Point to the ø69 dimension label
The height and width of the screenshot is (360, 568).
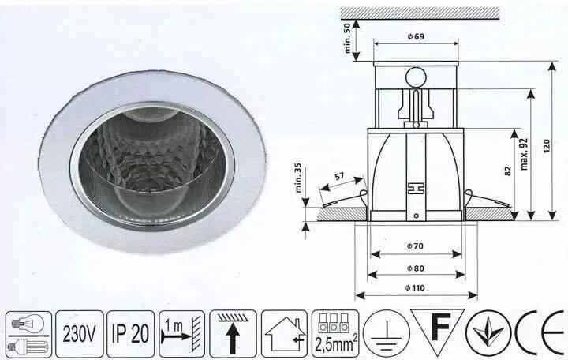click(417, 37)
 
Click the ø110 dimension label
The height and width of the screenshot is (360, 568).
click(417, 287)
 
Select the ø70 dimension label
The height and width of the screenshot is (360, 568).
click(417, 246)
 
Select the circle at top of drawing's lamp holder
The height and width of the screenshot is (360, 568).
click(416, 77)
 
